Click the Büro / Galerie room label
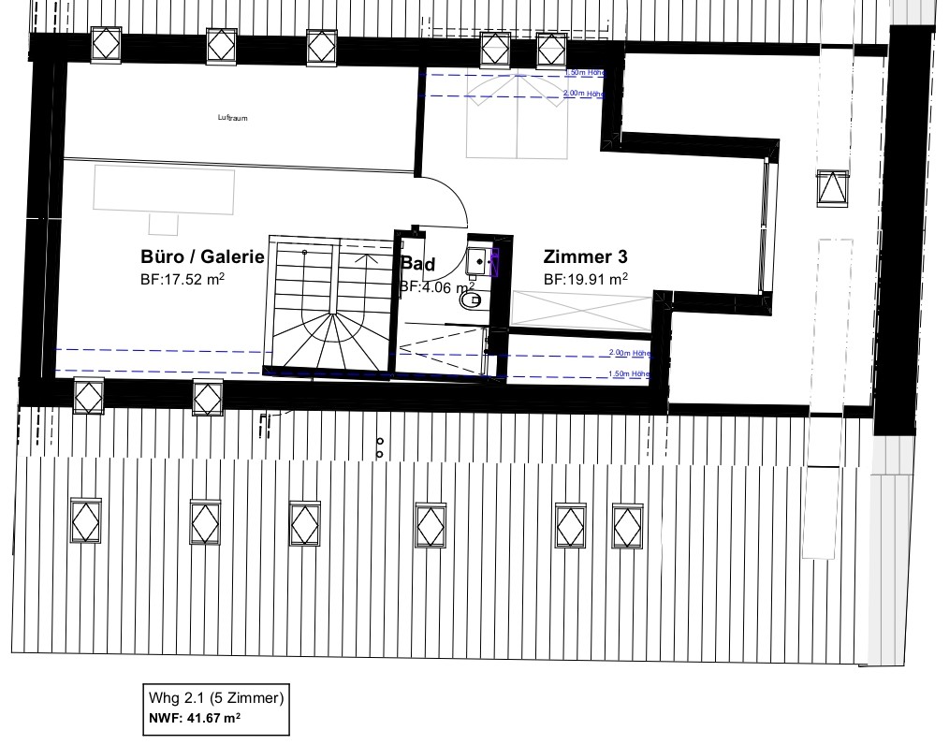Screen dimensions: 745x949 pos(202,256)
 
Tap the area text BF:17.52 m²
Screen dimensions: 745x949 pos(182,279)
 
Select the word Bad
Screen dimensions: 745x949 pos(418,264)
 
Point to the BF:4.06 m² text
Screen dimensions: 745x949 pos(437,286)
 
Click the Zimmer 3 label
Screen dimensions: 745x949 pos(586,256)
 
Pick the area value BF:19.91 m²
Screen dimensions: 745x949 pos(586,279)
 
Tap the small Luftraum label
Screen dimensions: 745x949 pos(232,118)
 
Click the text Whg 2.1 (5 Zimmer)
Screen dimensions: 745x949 pos(215,698)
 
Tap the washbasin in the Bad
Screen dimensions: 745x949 pos(477,261)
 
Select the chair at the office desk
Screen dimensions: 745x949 pos(164,224)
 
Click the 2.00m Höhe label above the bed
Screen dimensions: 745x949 pos(584,95)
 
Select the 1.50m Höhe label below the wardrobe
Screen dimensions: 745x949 pos(629,373)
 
